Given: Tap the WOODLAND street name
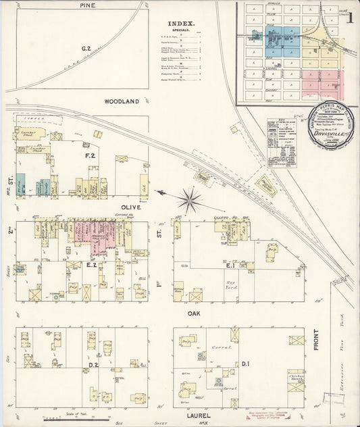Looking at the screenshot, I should pyautogui.click(x=122, y=101).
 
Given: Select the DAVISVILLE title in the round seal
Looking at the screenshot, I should pyautogui.click(x=326, y=134).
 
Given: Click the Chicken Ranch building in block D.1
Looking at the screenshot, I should pyautogui.click(x=295, y=380).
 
